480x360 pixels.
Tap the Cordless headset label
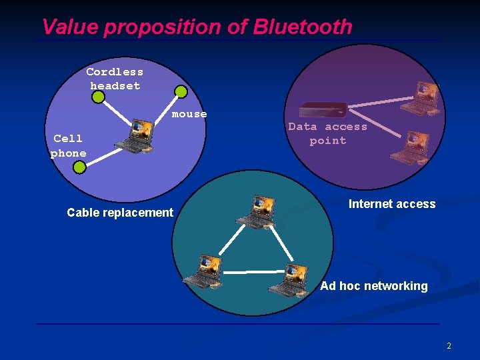coord(115,79)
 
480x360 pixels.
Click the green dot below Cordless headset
coord(99,98)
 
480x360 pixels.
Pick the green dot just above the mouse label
coord(181,92)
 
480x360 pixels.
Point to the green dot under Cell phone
coord(79,167)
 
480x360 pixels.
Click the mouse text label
coord(189,114)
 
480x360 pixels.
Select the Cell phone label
coord(68,145)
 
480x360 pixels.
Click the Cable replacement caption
coord(120,213)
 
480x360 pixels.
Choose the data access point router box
coord(323,109)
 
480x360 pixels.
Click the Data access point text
coord(327,133)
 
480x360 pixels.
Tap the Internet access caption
coord(392,204)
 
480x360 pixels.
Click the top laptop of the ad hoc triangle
coord(257,212)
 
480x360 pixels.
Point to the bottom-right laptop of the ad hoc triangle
coord(289,279)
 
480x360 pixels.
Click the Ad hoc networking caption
coord(374,286)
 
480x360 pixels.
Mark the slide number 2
coord(449,346)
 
